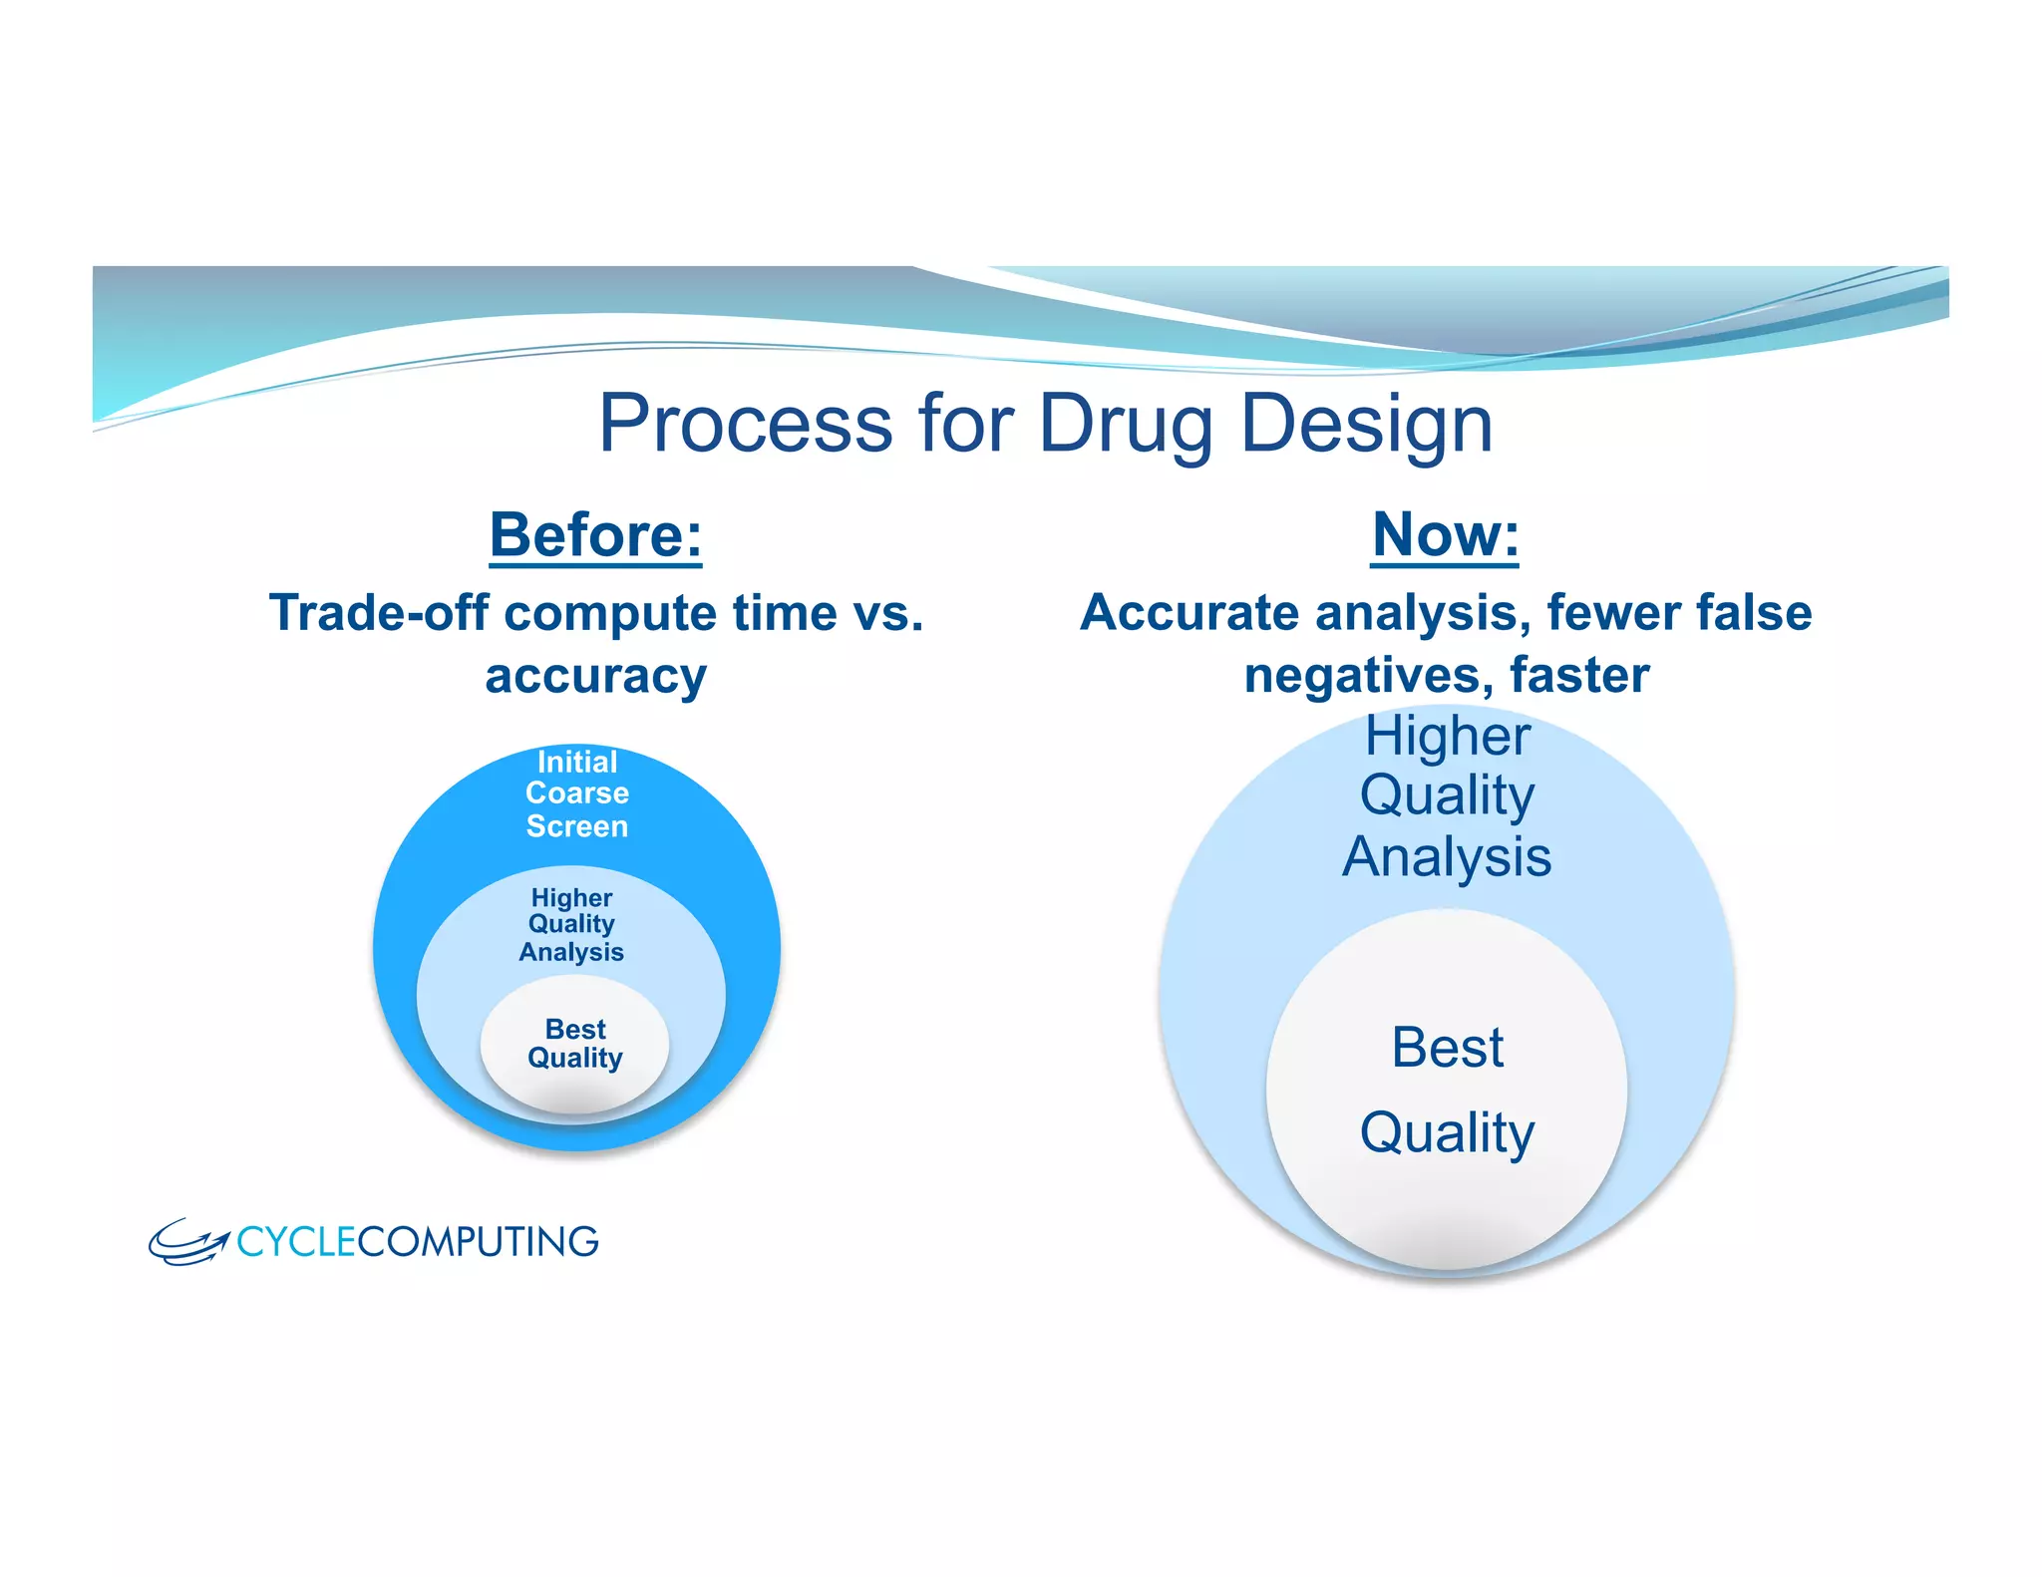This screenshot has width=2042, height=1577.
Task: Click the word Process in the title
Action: (x=745, y=424)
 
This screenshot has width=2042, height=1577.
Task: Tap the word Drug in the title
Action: (x=1125, y=424)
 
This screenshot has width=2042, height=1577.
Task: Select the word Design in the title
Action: (x=1366, y=424)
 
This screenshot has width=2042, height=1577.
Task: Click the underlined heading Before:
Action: (x=595, y=535)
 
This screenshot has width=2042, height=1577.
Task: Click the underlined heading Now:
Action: (x=1445, y=535)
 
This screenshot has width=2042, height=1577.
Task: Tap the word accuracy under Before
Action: (x=595, y=676)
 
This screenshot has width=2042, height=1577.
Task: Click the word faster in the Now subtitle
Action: (x=1579, y=676)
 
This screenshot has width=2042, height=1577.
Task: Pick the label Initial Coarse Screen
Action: (x=577, y=793)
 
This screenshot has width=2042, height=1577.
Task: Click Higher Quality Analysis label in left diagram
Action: (x=571, y=925)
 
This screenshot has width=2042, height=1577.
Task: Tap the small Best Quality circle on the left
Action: (x=575, y=1044)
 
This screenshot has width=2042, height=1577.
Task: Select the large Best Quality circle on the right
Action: (x=1447, y=1090)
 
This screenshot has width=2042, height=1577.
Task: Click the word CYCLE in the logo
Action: (x=296, y=1242)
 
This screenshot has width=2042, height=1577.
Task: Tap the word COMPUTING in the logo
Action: (x=478, y=1242)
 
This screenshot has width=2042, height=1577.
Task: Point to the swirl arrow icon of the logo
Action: (x=187, y=1242)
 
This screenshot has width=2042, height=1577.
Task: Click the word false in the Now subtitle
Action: (x=1754, y=612)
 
